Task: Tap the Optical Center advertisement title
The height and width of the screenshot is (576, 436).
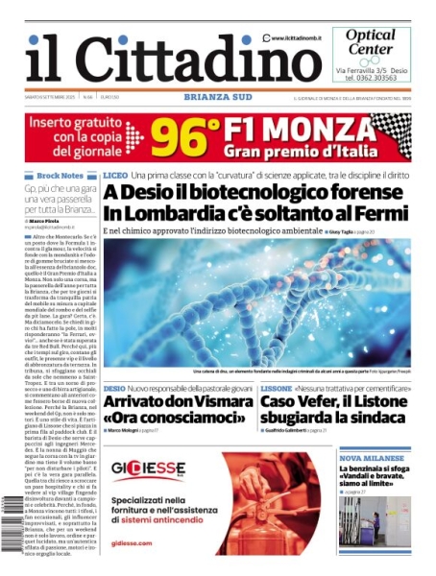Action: click(369, 41)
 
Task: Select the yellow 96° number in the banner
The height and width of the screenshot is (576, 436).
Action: click(182, 137)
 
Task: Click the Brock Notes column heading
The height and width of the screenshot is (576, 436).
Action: click(60, 176)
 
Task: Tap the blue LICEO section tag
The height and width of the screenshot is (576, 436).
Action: click(115, 176)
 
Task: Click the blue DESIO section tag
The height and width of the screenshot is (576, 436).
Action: click(114, 388)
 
